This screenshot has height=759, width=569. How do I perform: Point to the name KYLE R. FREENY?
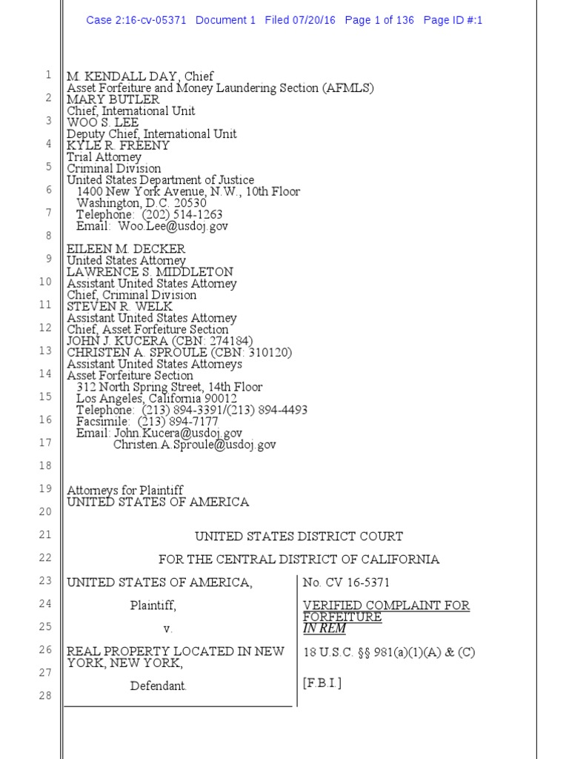(x=118, y=145)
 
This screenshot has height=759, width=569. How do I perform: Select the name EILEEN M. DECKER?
(x=126, y=249)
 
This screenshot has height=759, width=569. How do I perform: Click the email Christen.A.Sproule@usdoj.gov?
(x=194, y=445)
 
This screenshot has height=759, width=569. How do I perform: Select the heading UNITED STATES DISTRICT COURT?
(x=299, y=536)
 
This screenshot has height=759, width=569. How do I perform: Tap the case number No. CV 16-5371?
(x=346, y=583)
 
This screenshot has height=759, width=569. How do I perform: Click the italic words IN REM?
(x=325, y=629)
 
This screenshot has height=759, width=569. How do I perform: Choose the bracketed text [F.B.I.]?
(x=322, y=683)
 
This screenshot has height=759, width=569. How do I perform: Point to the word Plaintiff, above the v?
(x=153, y=606)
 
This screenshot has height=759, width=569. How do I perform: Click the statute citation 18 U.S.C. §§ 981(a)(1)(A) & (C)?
(x=388, y=652)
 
